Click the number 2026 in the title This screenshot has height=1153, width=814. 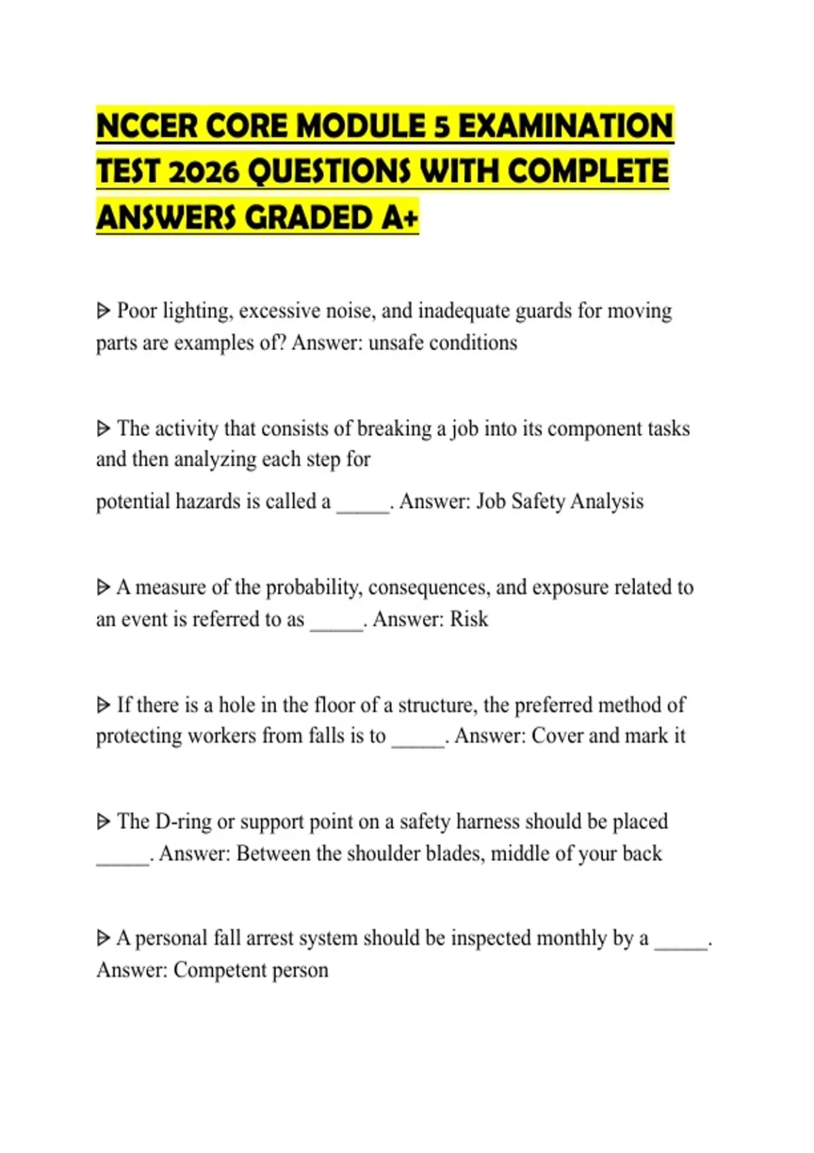click(203, 172)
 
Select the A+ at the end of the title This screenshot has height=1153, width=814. click(400, 218)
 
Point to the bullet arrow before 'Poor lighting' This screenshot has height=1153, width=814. click(103, 311)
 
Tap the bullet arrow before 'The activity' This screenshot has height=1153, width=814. click(103, 429)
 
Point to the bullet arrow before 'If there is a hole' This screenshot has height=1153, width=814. click(103, 705)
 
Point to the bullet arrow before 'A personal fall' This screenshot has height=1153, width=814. click(103, 938)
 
